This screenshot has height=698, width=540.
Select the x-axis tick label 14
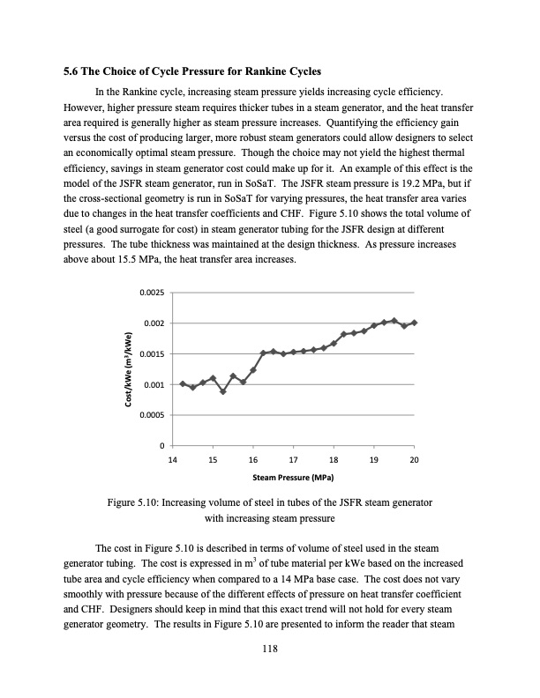click(172, 461)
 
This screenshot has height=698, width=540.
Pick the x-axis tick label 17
click(293, 461)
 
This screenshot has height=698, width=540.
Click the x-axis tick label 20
click(415, 461)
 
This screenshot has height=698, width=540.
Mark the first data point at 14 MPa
click(183, 383)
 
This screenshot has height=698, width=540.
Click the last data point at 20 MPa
click(415, 323)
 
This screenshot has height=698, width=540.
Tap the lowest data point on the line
click(223, 391)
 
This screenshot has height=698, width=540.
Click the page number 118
click(270, 650)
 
